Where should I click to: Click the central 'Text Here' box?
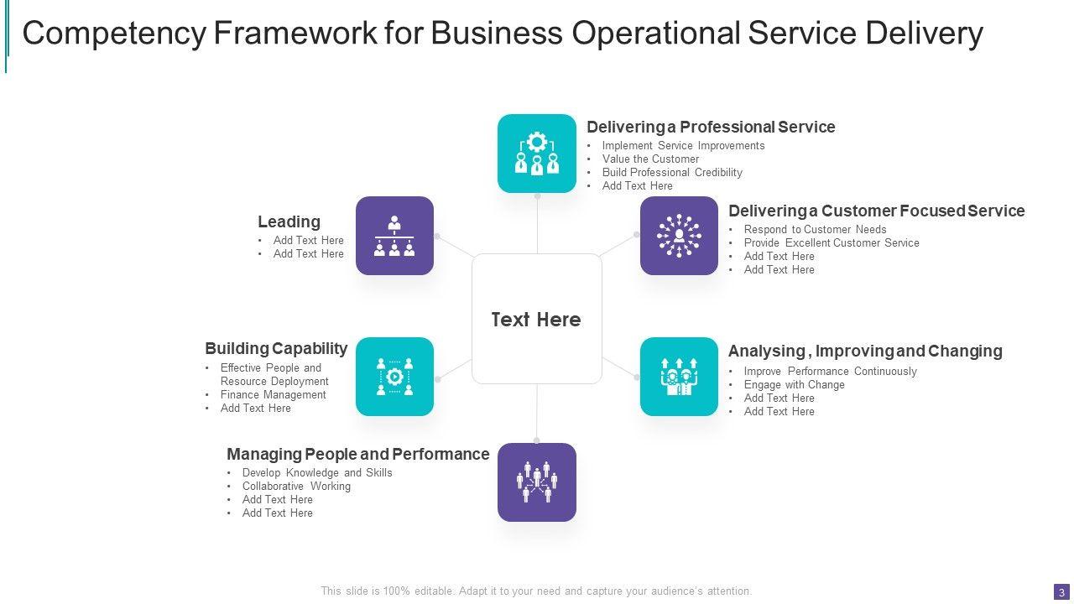(536, 319)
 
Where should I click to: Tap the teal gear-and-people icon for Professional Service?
(537, 154)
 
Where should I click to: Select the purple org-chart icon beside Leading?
(394, 236)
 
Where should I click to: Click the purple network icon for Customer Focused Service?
(679, 236)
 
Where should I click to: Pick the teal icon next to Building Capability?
(394, 377)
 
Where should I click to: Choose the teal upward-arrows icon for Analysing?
(679, 377)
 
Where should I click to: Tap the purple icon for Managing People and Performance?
(537, 482)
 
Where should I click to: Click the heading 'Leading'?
(289, 222)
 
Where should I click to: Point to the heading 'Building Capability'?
(276, 348)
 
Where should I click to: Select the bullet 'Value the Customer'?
(650, 159)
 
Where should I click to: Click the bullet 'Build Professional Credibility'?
(672, 173)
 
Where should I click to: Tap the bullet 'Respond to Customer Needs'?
(815, 230)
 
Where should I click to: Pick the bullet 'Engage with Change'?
(794, 385)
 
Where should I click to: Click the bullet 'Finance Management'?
(273, 395)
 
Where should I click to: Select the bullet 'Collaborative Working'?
(296, 487)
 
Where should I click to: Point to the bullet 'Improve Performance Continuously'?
(830, 372)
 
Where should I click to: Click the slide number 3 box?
(1061, 592)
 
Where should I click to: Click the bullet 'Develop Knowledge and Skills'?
(317, 473)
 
